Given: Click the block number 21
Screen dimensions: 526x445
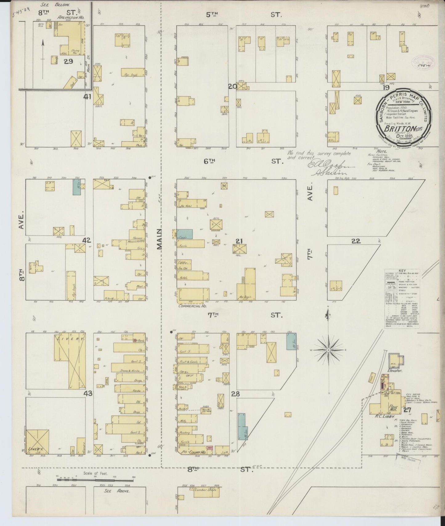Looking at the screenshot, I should (x=239, y=241).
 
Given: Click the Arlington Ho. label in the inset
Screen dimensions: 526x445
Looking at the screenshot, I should (x=71, y=18).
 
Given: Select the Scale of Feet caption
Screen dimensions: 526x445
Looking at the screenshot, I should (x=95, y=473).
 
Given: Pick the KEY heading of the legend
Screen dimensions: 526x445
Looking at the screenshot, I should (x=402, y=271).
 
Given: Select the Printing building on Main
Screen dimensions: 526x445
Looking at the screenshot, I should (x=185, y=432).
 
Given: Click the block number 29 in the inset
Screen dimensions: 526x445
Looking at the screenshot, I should (x=68, y=61).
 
